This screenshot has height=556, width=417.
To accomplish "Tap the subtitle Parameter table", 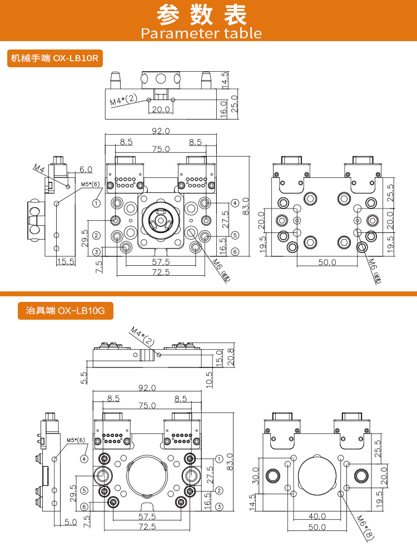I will tap(201, 33).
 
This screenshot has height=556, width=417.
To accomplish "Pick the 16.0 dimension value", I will tap(224, 107).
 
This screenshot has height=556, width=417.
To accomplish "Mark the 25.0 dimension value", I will tap(234, 102).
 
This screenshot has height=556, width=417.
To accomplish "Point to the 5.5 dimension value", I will tap(85, 378).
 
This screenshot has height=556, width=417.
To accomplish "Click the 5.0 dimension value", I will tap(70, 522).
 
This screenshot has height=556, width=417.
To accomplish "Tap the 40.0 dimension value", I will tap(317, 516).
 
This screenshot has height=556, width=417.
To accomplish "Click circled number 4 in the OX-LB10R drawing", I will tap(235, 203).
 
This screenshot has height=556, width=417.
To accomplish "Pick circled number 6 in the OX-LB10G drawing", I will tap(84, 507).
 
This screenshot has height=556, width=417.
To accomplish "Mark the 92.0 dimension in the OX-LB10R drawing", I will tap(161, 131).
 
